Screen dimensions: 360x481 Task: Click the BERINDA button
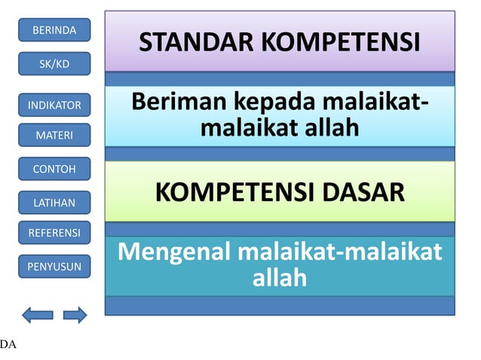tap(54, 30)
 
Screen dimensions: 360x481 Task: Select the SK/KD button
tap(54, 64)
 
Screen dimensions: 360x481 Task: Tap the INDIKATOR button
tap(54, 105)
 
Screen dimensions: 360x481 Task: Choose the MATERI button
tap(54, 136)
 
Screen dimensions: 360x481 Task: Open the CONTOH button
tap(54, 169)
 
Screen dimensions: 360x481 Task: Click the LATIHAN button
tap(54, 202)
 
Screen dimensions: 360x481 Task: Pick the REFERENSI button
tap(54, 233)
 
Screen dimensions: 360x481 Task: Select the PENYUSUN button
tap(54, 266)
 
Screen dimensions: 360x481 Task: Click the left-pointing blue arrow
tap(38, 315)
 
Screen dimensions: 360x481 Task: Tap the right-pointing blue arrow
tap(75, 315)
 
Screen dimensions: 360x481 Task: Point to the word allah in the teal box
tap(280, 278)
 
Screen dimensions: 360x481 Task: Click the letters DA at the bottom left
tap(8, 345)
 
